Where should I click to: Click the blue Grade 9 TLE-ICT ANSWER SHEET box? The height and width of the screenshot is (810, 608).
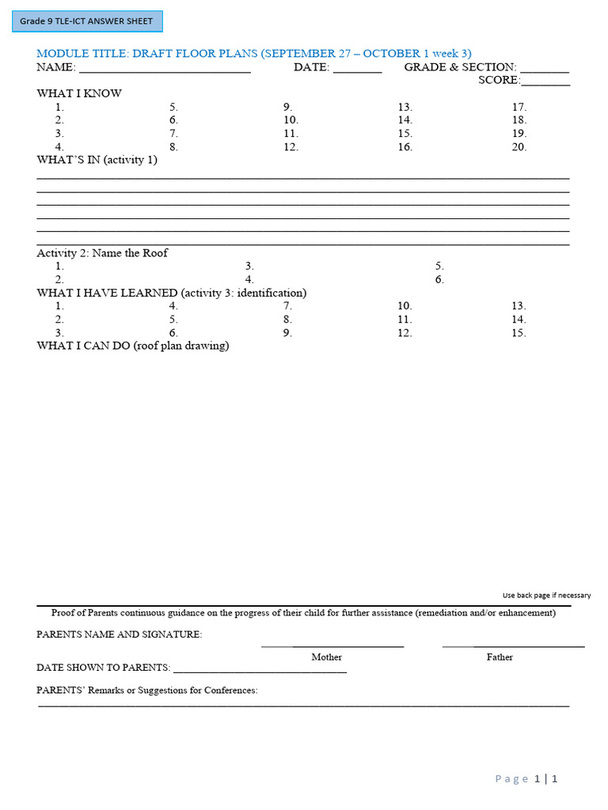click(87, 21)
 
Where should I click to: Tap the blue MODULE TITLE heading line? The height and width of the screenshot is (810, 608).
click(254, 53)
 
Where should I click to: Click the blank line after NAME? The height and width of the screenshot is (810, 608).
click(165, 69)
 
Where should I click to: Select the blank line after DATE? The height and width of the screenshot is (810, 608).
click(357, 69)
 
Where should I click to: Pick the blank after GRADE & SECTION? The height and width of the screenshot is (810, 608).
click(545, 69)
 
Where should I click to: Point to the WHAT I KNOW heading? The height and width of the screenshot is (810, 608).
click(79, 93)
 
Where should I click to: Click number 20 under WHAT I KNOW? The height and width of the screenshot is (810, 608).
click(519, 147)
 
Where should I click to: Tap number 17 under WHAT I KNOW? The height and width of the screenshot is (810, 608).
click(519, 107)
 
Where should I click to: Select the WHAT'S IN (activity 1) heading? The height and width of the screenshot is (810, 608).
click(97, 160)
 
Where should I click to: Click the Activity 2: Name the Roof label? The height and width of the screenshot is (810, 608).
click(102, 253)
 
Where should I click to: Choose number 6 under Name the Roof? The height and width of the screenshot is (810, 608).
click(439, 280)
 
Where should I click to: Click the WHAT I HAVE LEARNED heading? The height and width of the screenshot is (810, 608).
click(172, 293)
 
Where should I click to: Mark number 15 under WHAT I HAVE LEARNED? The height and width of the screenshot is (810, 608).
click(519, 333)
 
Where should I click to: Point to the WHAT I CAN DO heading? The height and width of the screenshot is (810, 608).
click(133, 346)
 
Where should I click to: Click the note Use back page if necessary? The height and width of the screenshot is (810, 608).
click(546, 596)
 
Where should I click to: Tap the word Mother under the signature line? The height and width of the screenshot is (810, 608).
click(326, 657)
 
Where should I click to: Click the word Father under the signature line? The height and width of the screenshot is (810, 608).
click(500, 657)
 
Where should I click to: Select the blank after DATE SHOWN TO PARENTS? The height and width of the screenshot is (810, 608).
click(260, 669)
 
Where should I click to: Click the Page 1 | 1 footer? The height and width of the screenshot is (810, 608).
click(526, 779)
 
